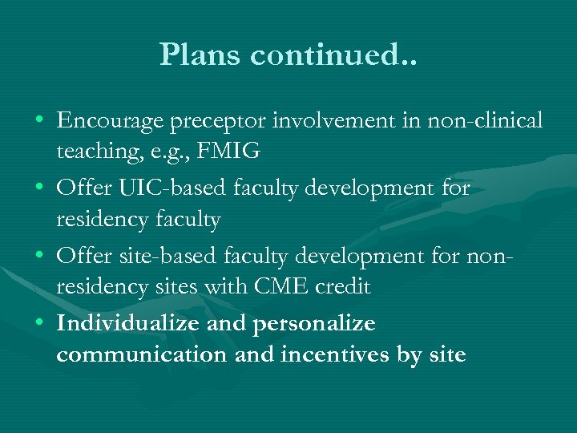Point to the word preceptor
[x=227, y=123]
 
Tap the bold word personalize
[x=314, y=325]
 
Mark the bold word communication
[x=142, y=354]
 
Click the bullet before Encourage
[x=39, y=123]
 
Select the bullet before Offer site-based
[x=39, y=257]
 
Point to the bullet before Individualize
[x=39, y=325]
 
